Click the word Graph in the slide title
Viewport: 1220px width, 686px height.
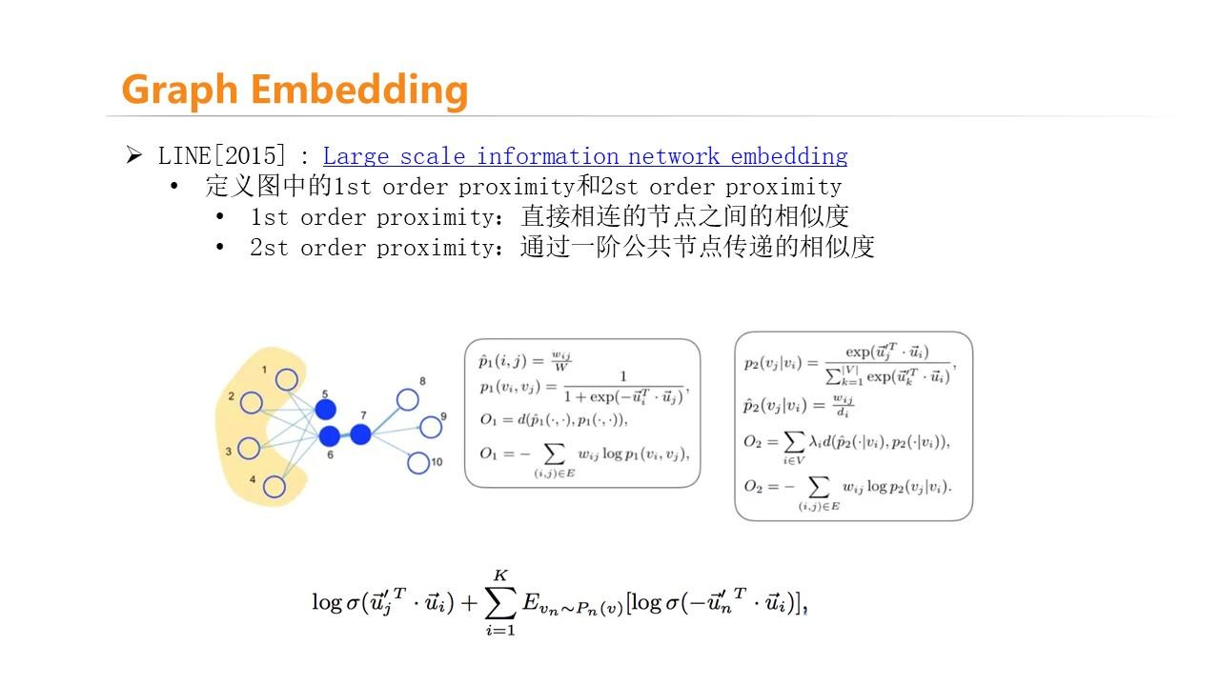(179, 90)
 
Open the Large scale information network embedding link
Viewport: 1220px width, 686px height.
(584, 155)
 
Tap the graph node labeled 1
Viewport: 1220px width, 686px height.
(287, 380)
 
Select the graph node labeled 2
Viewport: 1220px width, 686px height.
(251, 403)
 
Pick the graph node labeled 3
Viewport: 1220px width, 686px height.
(250, 448)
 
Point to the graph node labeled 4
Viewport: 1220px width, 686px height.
(274, 487)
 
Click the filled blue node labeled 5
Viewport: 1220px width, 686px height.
(326, 410)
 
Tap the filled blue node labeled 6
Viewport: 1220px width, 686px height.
(330, 436)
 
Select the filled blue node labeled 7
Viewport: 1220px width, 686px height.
(360, 434)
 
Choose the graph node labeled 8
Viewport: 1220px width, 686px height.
(408, 400)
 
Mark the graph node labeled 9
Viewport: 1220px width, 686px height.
(431, 427)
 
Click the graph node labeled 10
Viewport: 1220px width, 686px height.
(418, 463)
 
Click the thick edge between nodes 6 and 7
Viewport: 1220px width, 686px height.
(345, 435)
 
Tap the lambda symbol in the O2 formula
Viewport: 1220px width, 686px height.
(811, 442)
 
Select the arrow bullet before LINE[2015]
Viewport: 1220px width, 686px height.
(133, 155)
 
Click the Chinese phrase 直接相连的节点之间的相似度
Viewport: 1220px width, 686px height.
(684, 216)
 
